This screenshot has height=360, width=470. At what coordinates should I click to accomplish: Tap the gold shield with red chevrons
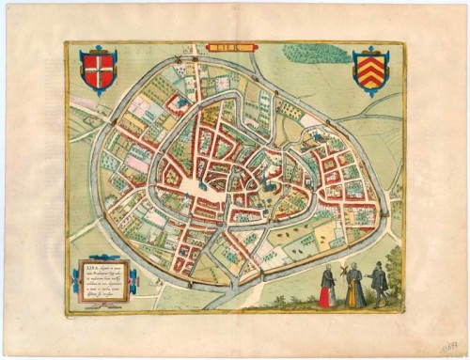tap(368, 70)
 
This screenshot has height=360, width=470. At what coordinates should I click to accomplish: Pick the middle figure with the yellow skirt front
tap(350, 286)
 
